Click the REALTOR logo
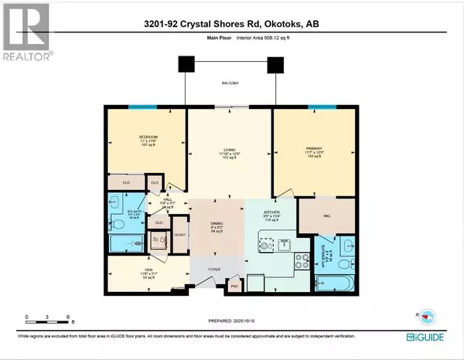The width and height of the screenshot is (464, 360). tap(25, 31)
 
